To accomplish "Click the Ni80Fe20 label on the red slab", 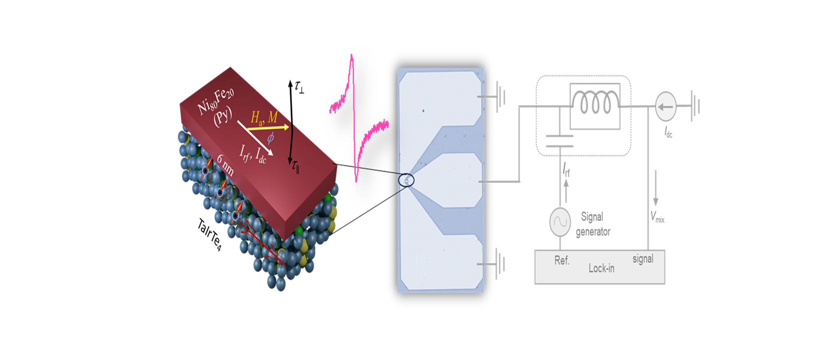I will pyautogui.click(x=215, y=100).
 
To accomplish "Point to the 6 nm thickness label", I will pyautogui.click(x=225, y=164).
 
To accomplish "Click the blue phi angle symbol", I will pyautogui.click(x=270, y=137).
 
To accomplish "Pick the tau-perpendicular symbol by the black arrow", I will pyautogui.click(x=299, y=87).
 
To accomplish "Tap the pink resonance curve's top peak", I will pyautogui.click(x=351, y=56).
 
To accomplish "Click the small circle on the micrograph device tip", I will pyautogui.click(x=406, y=179).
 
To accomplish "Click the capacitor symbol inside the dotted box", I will pyautogui.click(x=559, y=141).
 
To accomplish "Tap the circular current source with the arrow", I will pyautogui.click(x=665, y=106).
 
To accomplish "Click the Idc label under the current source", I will pyautogui.click(x=668, y=132).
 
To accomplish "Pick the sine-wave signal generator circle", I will pyautogui.click(x=560, y=221).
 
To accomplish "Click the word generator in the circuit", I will pyautogui.click(x=593, y=231).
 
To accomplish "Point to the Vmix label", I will pyautogui.click(x=657, y=216).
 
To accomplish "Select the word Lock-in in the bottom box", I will pyautogui.click(x=601, y=268).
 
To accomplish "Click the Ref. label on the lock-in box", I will pyautogui.click(x=561, y=260).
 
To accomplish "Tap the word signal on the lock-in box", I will pyautogui.click(x=642, y=259).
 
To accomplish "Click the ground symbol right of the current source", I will pyautogui.click(x=694, y=106).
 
